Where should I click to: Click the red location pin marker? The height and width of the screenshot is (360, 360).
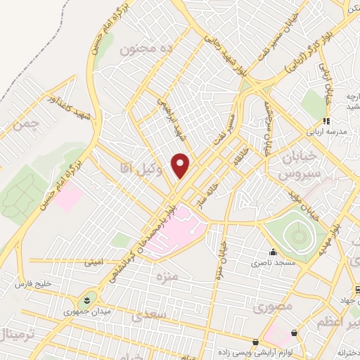pyautogui.click(x=181, y=165)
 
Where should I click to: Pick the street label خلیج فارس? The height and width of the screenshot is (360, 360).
pyautogui.click(x=34, y=283)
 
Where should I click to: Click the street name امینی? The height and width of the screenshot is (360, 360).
pyautogui.click(x=93, y=263)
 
